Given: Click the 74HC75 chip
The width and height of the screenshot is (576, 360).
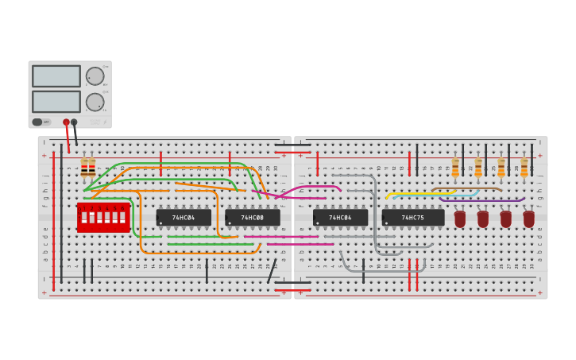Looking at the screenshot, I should pyautogui.click(x=412, y=218).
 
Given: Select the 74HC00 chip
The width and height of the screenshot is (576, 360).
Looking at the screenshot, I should pyautogui.click(x=253, y=218).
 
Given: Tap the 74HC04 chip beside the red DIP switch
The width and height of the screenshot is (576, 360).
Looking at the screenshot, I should pyautogui.click(x=184, y=218).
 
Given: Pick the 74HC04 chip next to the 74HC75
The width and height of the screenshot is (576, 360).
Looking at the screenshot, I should pyautogui.click(x=340, y=218).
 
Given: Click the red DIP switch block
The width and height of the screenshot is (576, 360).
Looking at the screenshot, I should pyautogui.click(x=103, y=217).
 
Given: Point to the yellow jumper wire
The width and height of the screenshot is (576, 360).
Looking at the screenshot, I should pyautogui.click(x=421, y=193).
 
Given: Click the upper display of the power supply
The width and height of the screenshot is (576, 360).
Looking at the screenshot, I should pyautogui.click(x=56, y=76).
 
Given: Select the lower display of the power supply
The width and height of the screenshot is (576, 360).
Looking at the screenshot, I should pyautogui.click(x=56, y=102).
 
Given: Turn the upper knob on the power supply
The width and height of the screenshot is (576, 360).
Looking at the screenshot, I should pyautogui.click(x=95, y=76).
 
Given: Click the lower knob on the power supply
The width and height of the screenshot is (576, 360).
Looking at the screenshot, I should pyautogui.click(x=95, y=102).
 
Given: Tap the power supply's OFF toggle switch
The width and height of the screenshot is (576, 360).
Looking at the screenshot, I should pyautogui.click(x=37, y=122).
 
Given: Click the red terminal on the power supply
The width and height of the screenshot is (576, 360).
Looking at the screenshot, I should pyautogui.click(x=66, y=122).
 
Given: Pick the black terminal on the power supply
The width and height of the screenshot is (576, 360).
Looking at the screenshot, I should pyautogui.click(x=74, y=122).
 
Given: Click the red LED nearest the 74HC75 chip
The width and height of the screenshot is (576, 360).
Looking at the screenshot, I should pyautogui.click(x=460, y=218).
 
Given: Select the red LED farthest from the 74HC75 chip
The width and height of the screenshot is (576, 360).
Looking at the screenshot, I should pyautogui.click(x=529, y=218).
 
